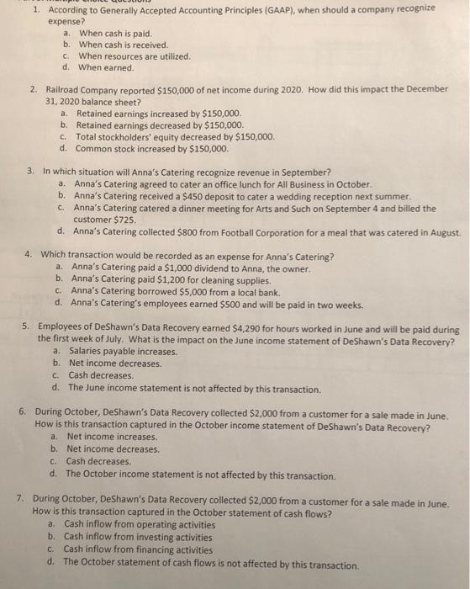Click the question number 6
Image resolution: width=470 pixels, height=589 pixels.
[x=21, y=414]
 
